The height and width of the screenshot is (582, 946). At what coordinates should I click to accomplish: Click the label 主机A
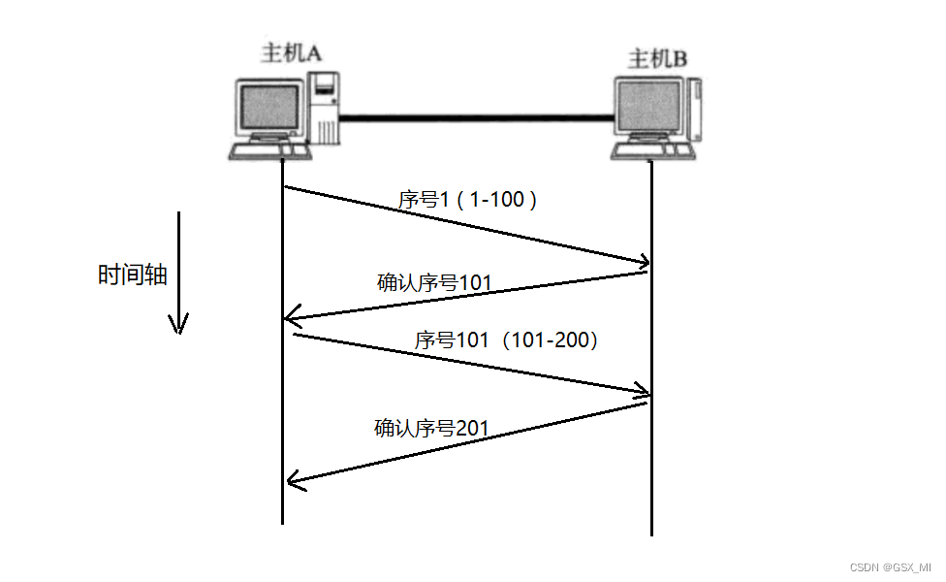[x=291, y=53]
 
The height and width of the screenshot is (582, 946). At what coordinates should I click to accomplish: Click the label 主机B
[x=658, y=58]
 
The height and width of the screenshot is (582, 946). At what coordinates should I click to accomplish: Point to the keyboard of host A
[x=268, y=151]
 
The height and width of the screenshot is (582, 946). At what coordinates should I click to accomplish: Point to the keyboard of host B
[x=652, y=151]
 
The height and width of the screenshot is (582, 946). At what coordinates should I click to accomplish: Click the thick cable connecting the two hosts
[x=475, y=118]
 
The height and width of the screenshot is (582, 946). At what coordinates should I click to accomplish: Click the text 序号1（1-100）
[x=468, y=200]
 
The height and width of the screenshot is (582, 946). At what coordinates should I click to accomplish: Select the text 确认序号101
[x=434, y=283]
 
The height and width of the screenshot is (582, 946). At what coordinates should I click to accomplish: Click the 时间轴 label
[x=133, y=275]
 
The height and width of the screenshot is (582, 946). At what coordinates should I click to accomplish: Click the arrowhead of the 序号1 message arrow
[x=641, y=261]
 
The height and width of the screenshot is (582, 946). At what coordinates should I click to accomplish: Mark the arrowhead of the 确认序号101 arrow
[x=292, y=318]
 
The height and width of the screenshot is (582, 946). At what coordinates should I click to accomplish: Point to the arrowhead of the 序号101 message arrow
[x=641, y=392]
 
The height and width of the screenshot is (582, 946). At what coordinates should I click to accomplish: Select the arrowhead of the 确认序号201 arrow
[x=294, y=479]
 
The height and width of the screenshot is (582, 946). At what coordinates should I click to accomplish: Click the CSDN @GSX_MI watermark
[x=891, y=566]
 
